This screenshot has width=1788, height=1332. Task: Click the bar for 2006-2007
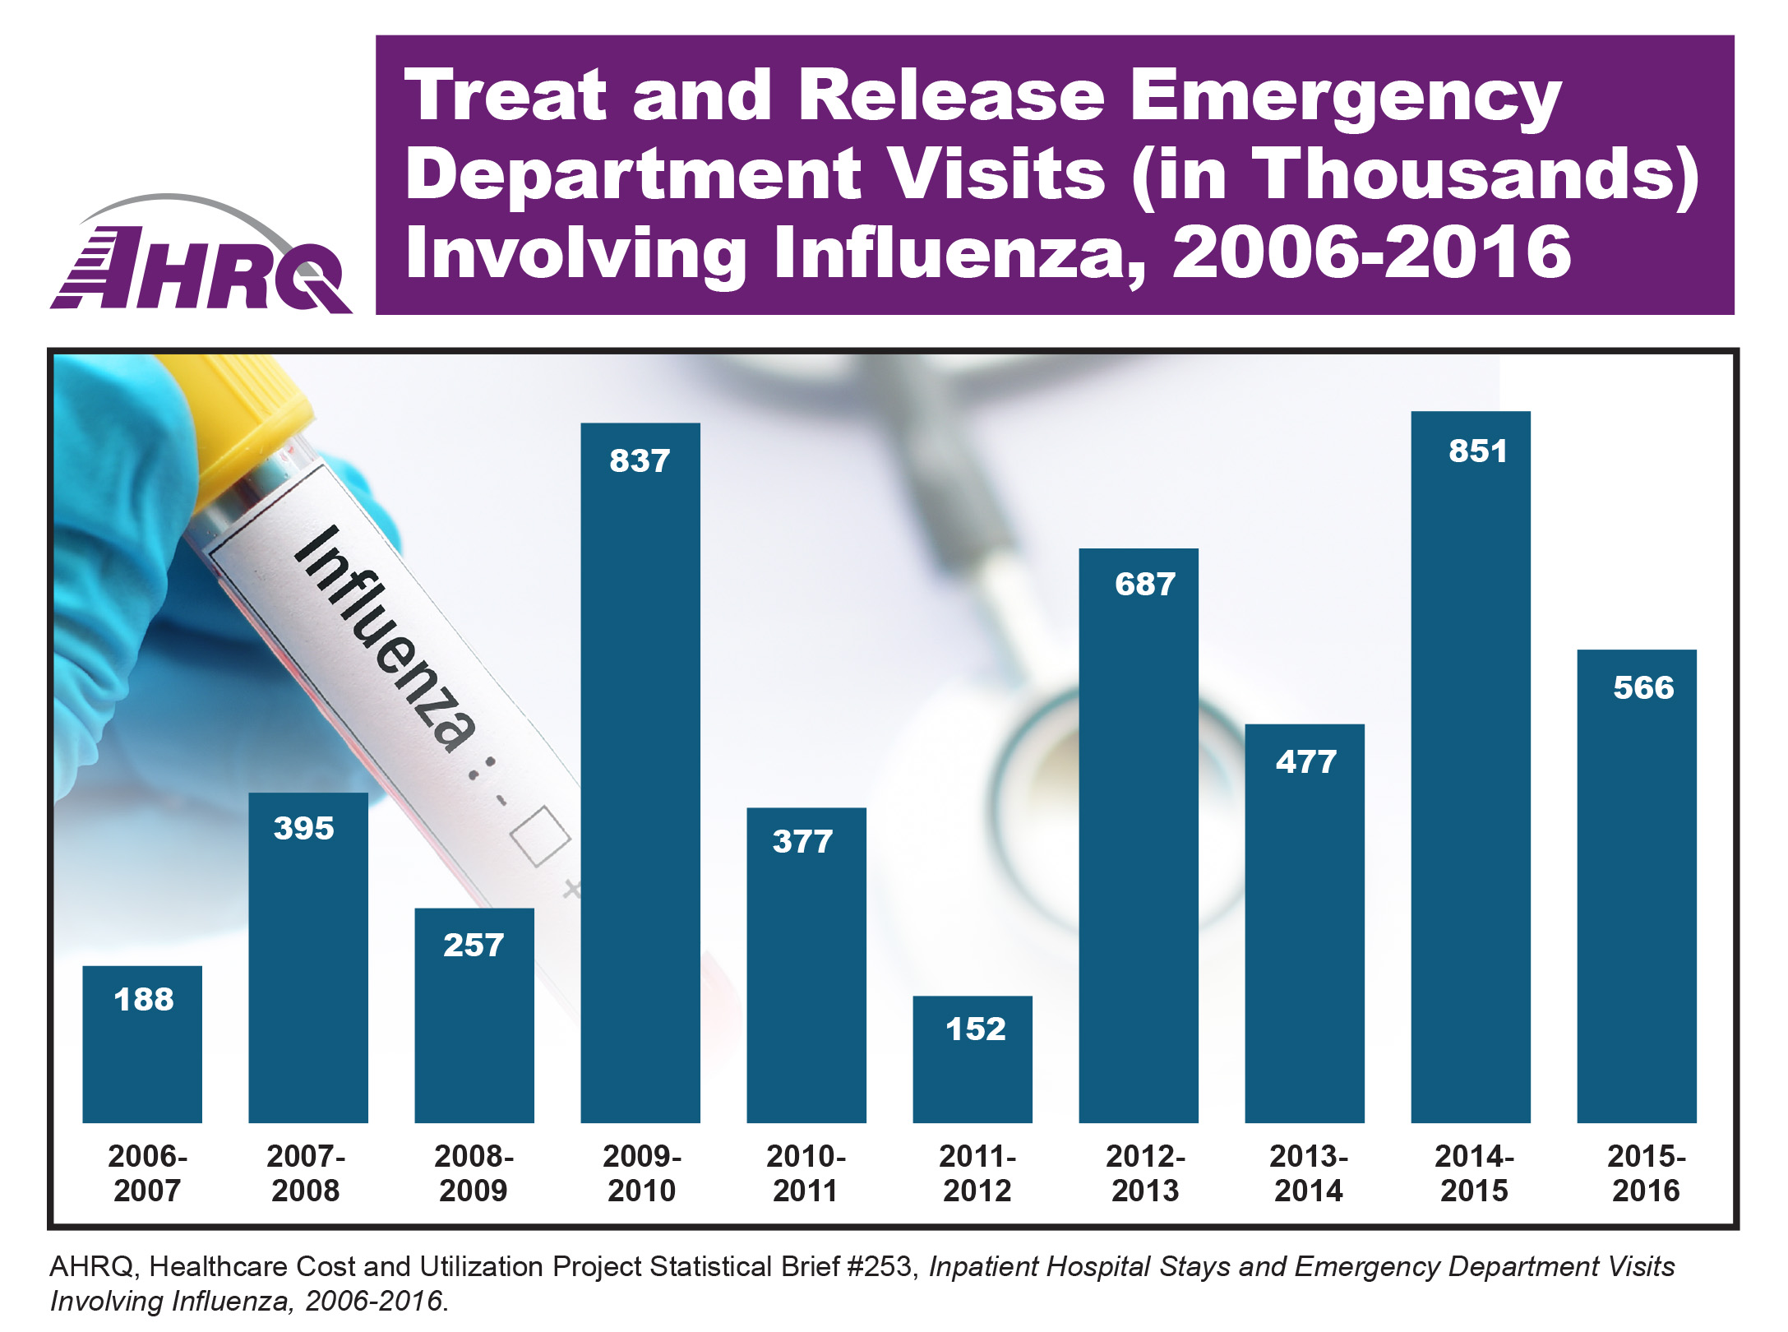(142, 1044)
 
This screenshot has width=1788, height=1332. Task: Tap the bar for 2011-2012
(972, 1061)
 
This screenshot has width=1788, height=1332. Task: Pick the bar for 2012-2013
(1138, 839)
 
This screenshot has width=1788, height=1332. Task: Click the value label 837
(640, 461)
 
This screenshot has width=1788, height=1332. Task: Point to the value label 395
(303, 828)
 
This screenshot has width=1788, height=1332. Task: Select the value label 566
(1642, 687)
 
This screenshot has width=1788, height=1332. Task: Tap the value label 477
(1305, 762)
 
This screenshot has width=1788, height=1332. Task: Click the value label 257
(473, 946)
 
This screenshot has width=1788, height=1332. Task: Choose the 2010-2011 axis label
(806, 1173)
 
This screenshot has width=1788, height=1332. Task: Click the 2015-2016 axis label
(1646, 1173)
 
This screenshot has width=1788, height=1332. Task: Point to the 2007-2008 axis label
(306, 1173)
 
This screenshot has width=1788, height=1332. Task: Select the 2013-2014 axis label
(1309, 1173)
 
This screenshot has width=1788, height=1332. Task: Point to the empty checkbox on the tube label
(540, 836)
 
